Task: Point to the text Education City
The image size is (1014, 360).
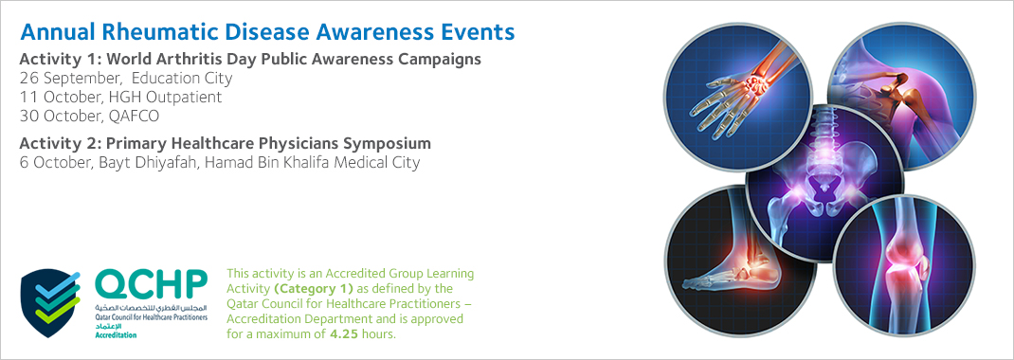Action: point(182,79)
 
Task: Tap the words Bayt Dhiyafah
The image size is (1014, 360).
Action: point(149,162)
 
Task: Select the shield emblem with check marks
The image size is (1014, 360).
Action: point(51,303)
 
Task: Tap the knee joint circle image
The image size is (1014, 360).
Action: point(904,266)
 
